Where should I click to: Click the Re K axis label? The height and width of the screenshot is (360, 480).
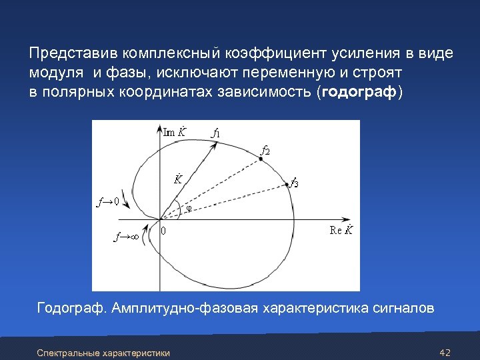tap(341, 231)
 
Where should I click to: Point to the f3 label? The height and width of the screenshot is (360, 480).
tap(293, 182)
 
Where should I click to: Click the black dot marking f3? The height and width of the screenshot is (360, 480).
tap(287, 184)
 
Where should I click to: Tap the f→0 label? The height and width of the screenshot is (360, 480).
tap(107, 200)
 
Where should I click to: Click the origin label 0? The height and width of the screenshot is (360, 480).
tap(164, 231)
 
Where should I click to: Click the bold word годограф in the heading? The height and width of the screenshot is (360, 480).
tap(359, 91)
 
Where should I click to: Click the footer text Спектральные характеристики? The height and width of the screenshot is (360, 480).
tap(103, 352)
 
